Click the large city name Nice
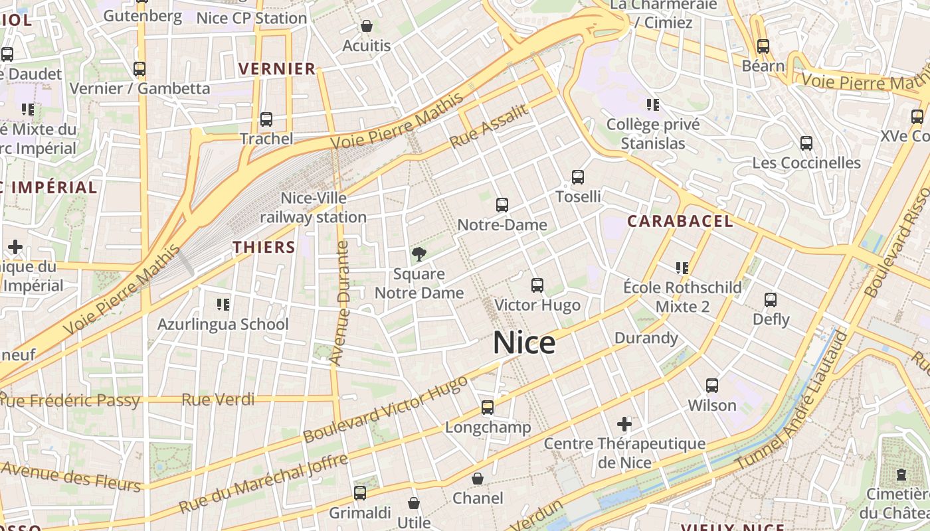524,343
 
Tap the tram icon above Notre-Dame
502,205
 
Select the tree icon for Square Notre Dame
418,254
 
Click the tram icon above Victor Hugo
537,285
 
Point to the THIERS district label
264,248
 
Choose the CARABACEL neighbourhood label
680,222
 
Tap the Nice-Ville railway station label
313,208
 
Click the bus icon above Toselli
578,177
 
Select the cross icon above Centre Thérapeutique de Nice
624,423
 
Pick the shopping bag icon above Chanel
478,479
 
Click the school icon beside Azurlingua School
223,305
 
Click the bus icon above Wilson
712,386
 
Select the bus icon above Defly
771,300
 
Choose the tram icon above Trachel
266,119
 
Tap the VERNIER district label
277,69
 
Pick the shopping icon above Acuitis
366,26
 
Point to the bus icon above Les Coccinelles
806,143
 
